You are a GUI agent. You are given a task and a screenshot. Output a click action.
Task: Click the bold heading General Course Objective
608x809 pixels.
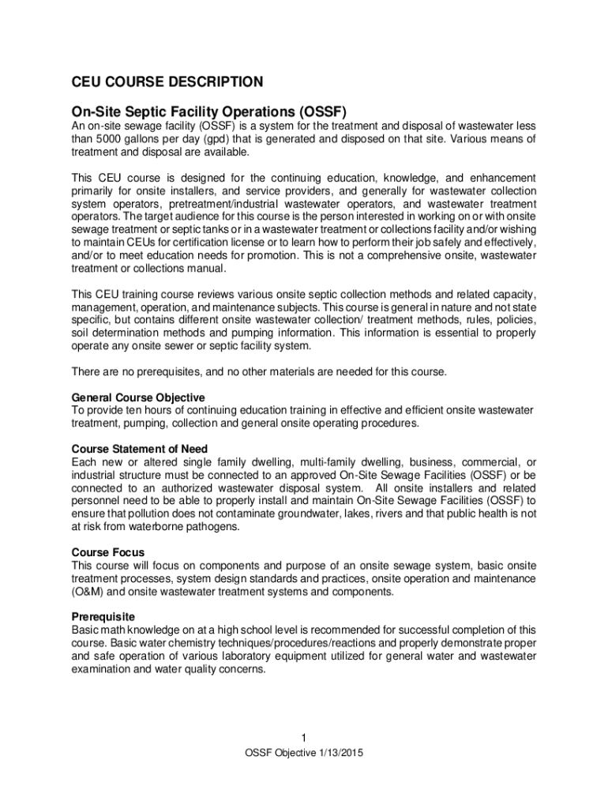[x=138, y=397]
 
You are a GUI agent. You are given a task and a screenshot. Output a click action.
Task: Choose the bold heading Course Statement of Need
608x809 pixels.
[x=140, y=449]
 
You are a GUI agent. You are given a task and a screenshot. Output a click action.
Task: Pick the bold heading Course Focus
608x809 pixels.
[x=108, y=552]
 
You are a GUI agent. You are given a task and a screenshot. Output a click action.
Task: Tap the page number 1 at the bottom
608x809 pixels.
[x=304, y=739]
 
